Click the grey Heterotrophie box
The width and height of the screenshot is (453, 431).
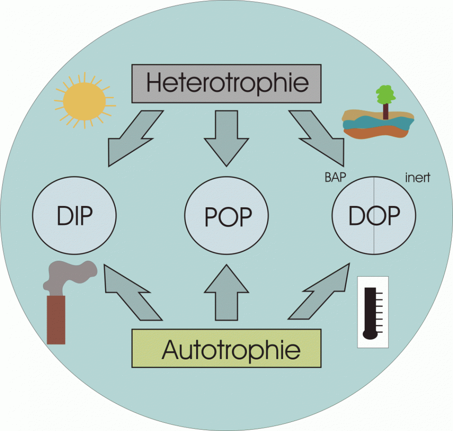[x=226, y=83]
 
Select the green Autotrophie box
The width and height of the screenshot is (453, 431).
[x=226, y=348]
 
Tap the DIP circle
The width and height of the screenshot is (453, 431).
[x=74, y=215]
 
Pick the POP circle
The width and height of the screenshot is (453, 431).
[x=226, y=215]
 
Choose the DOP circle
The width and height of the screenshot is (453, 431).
[x=374, y=215]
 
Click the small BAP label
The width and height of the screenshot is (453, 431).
[x=336, y=177]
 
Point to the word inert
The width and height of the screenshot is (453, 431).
[x=418, y=177]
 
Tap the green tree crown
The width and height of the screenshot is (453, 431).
[x=385, y=94]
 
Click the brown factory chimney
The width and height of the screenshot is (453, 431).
[x=56, y=319]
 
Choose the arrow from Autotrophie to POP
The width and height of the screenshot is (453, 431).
[x=226, y=293]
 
